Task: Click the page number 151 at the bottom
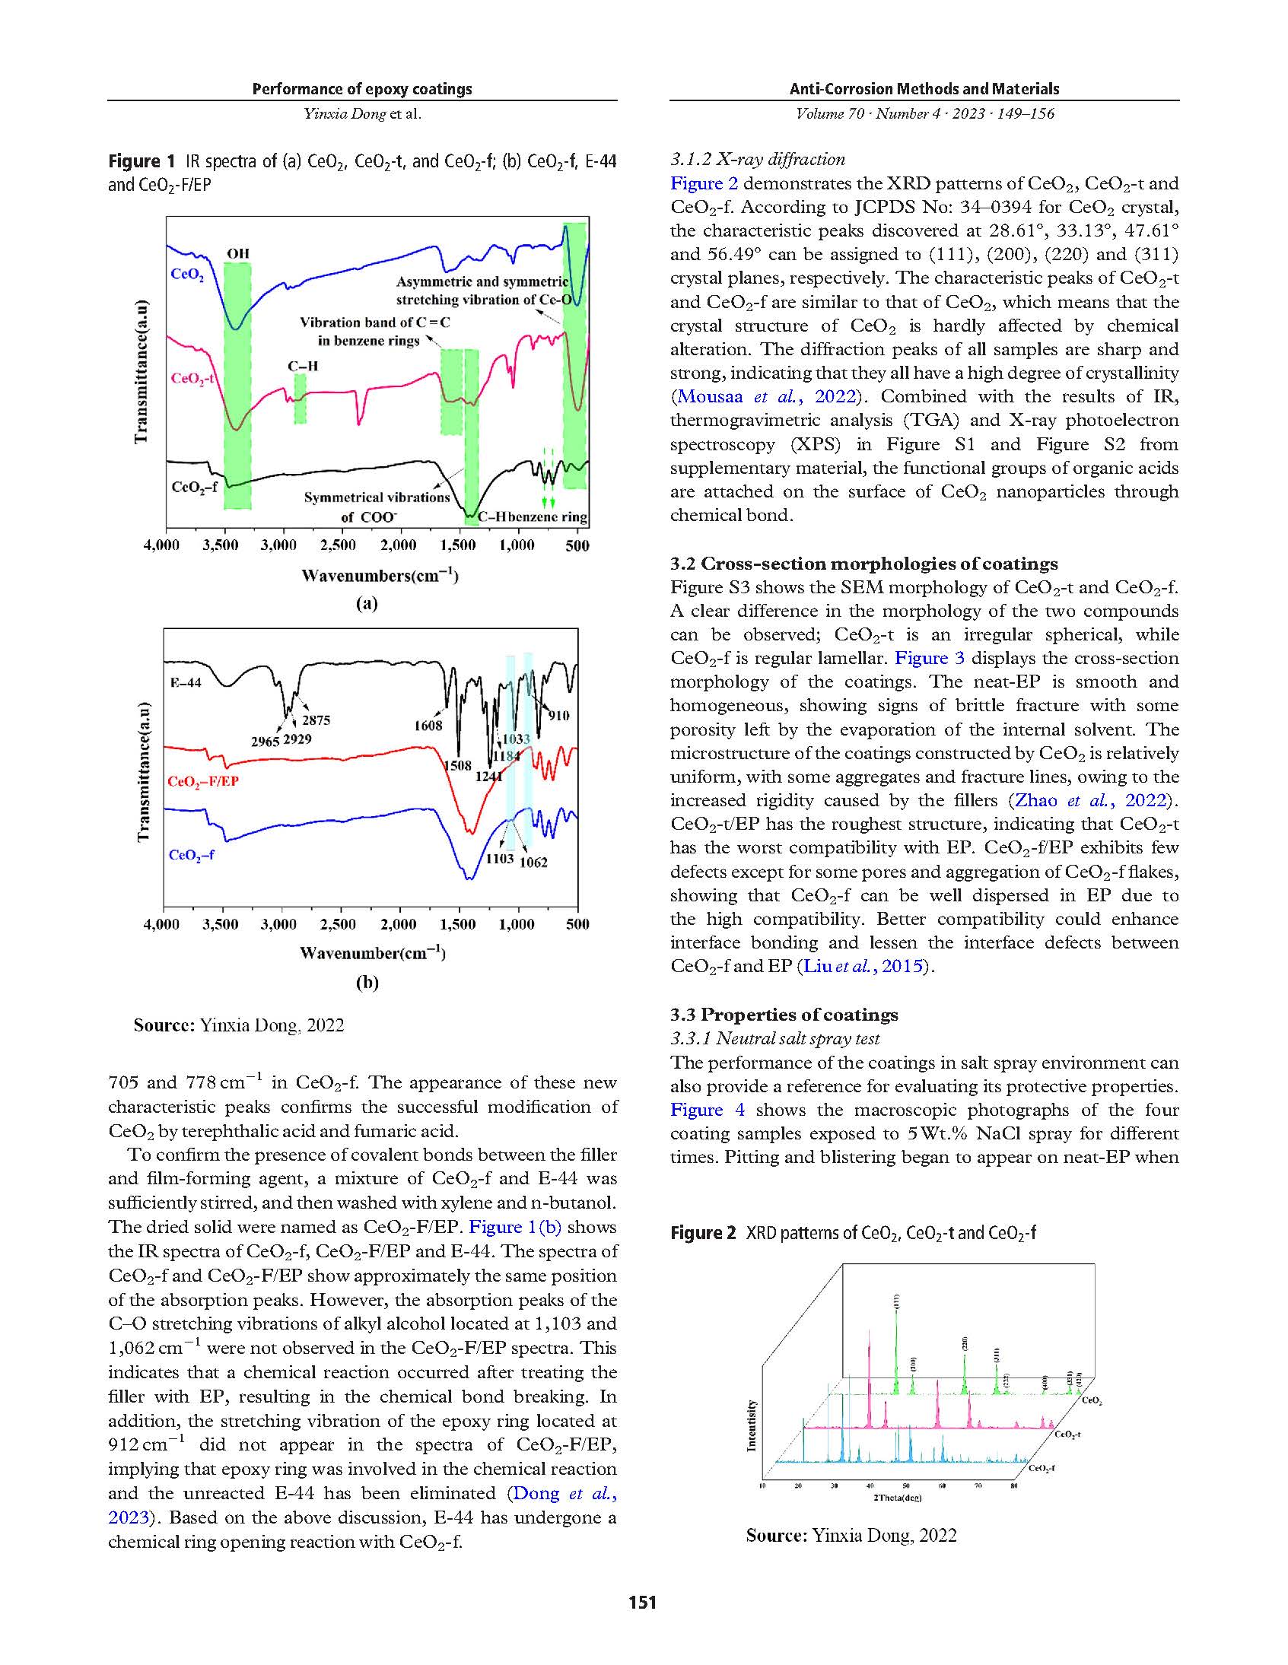(x=642, y=1602)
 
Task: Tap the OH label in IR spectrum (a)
(x=238, y=254)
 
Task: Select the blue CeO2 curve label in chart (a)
(x=187, y=275)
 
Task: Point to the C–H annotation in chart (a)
(x=303, y=366)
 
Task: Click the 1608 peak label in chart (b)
(x=428, y=725)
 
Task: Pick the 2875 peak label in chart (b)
(x=316, y=720)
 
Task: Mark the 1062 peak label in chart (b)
(x=534, y=863)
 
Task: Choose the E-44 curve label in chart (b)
(x=186, y=682)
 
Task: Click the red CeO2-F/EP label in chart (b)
(x=203, y=781)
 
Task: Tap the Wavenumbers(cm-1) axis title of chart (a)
(x=380, y=576)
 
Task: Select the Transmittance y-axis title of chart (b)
(x=142, y=771)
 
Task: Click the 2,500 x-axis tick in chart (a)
(x=338, y=545)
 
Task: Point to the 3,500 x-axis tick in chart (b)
(x=221, y=924)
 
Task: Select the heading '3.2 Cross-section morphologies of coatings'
(x=864, y=564)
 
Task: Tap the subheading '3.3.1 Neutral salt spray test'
(x=774, y=1038)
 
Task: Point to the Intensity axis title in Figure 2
(x=752, y=1425)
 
